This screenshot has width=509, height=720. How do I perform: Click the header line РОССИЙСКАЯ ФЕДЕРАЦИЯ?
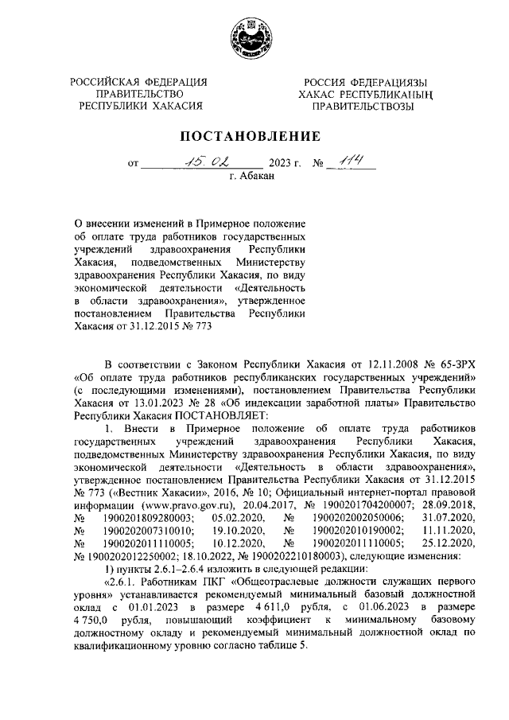[x=139, y=82]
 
